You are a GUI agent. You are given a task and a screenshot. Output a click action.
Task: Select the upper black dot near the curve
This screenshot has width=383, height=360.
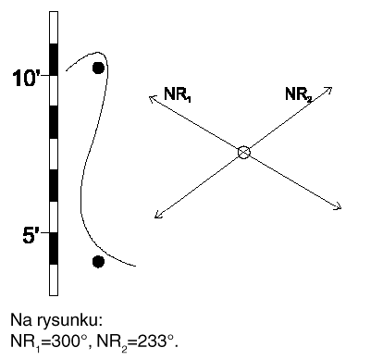98,68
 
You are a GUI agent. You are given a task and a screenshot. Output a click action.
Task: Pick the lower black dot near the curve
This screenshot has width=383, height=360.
98,262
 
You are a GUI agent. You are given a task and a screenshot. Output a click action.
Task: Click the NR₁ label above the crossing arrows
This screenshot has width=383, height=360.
177,93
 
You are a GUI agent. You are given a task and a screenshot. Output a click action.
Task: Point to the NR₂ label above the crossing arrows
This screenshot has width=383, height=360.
298,93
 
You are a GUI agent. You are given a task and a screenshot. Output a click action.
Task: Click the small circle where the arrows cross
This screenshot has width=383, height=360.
244,153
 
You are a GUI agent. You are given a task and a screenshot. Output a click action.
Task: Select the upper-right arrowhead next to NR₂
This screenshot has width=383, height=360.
328,91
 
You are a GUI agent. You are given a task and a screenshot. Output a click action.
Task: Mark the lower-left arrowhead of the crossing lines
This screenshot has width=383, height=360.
158,216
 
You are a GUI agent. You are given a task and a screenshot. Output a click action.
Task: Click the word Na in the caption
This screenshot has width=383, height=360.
17,320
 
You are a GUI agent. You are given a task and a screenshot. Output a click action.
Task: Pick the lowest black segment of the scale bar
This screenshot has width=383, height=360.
54,249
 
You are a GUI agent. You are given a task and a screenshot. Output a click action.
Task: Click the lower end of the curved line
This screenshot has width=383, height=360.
135,265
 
